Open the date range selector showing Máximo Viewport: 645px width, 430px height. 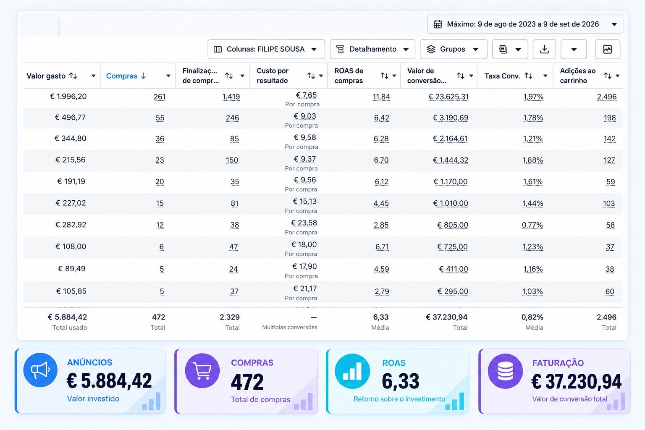[525, 24]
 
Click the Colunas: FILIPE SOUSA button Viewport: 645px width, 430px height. [266, 49]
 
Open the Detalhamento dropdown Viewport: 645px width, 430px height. [372, 49]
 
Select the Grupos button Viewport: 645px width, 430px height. [454, 49]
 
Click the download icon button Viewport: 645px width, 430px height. [544, 49]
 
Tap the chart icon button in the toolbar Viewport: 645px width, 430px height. [608, 49]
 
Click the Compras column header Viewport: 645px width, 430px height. [122, 76]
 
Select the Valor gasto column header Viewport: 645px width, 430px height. [46, 76]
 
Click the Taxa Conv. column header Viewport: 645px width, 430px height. [502, 76]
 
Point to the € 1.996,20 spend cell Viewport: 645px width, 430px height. [68, 97]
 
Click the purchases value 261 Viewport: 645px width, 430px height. [160, 97]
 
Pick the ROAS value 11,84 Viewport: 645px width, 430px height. [381, 97]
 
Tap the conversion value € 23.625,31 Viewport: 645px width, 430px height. [448, 97]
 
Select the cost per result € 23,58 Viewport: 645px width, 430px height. [304, 223]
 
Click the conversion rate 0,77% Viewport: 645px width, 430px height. [532, 225]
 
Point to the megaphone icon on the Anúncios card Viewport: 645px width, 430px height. [40, 370]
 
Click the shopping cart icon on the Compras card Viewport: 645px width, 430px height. [202, 370]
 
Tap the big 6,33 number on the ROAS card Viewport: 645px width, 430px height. [401, 381]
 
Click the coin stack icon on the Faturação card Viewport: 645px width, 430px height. [505, 371]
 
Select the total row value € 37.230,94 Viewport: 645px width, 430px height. [447, 317]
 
